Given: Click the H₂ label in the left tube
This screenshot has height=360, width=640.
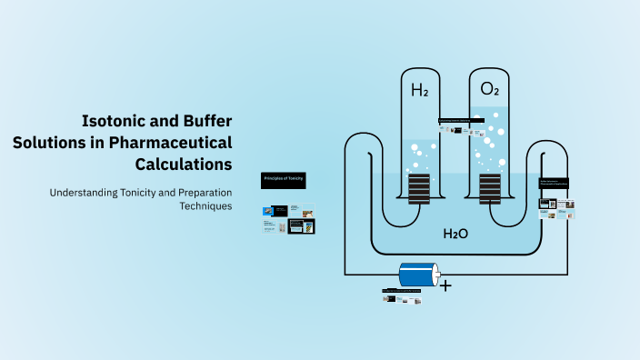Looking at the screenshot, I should coord(419,90).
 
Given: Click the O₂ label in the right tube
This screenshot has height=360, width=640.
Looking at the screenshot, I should coord(489,89).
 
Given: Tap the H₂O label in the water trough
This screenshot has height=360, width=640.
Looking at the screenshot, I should coord(455,234).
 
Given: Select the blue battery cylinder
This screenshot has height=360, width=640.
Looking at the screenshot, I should coord(419,275).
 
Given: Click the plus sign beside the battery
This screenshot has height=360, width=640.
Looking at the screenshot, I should coord(445,285).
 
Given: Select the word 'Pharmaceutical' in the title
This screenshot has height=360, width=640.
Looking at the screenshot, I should coord(170,142).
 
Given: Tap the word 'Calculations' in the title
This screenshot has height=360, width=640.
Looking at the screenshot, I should coord(184,165).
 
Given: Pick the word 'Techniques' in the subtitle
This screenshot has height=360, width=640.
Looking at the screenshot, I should coord(206,206).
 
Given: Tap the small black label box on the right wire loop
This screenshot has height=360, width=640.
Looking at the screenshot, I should coord(554,183).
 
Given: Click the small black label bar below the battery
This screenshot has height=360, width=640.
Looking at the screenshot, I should coord(403,291).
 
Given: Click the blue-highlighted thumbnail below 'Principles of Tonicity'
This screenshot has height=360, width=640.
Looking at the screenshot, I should coord(302,225).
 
